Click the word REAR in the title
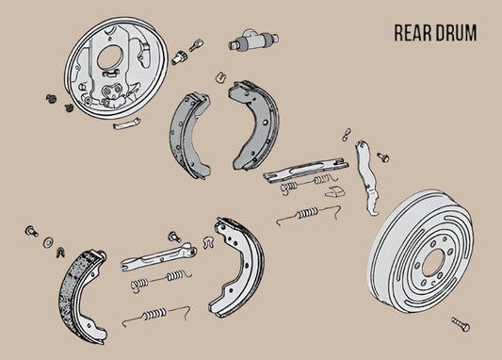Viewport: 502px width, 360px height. [414, 33]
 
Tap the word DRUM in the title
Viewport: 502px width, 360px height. [456, 33]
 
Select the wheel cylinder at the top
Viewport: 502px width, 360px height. [252, 41]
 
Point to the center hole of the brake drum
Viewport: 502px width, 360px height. [433, 263]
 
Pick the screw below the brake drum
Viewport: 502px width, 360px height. [460, 323]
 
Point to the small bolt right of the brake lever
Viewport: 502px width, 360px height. [383, 156]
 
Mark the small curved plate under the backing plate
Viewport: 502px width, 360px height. [126, 123]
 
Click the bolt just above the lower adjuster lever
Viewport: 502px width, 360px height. [174, 237]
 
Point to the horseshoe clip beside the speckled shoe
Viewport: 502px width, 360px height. [60, 250]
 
